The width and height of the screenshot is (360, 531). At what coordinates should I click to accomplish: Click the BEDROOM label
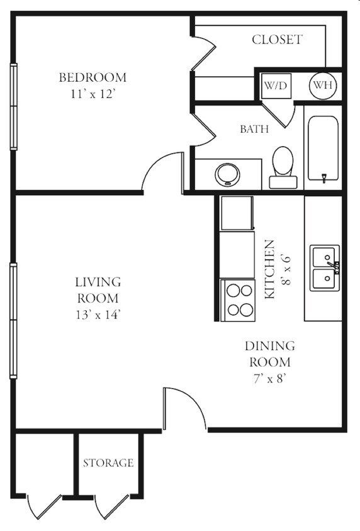tap(93, 77)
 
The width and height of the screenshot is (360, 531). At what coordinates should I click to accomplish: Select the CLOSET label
tap(277, 40)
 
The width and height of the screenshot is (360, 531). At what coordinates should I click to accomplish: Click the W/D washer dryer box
tap(276, 86)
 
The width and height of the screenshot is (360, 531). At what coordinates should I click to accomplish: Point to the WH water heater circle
tap(323, 86)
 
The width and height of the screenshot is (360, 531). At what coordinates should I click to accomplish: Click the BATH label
tap(254, 129)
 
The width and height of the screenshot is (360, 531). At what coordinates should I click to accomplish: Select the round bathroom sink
tap(227, 174)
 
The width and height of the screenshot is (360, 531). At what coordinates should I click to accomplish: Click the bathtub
tap(323, 148)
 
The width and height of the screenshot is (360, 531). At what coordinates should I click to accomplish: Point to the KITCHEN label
tap(269, 269)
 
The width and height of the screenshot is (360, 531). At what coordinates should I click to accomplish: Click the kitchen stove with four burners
tap(238, 300)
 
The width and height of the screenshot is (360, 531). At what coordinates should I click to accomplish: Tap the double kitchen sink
tap(325, 268)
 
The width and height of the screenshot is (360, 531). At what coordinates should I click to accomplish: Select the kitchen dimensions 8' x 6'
tap(286, 269)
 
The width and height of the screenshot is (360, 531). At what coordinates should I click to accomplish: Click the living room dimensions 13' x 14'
tap(98, 315)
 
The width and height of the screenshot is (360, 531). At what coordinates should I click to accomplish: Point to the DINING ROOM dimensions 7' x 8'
tap(270, 379)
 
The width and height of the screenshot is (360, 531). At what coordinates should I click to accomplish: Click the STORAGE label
tap(108, 462)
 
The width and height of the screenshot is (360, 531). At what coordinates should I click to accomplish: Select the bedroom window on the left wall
tap(14, 107)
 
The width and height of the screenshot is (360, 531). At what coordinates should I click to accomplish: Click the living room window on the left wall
tap(14, 320)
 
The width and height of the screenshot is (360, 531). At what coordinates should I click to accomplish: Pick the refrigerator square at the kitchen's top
tap(237, 213)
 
